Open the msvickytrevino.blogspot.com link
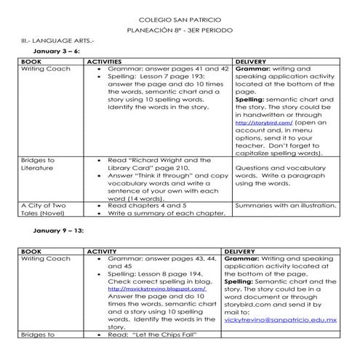click(156, 288)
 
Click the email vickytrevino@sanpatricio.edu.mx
click(280, 319)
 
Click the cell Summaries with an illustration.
click(286, 206)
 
